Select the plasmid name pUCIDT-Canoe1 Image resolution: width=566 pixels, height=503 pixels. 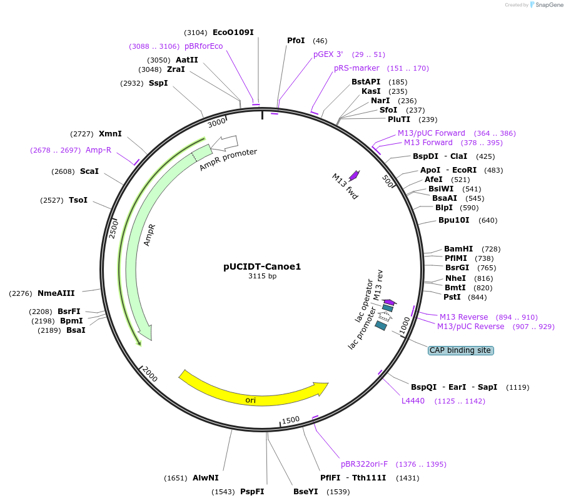coord(262,266)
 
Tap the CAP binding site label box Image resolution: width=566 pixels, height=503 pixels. coord(460,350)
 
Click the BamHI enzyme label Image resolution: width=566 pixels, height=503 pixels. coord(458,249)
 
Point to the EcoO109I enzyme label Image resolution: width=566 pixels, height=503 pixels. coord(233,33)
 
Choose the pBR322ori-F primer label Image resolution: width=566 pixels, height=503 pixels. coord(364,464)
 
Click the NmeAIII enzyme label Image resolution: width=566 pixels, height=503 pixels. coord(56,293)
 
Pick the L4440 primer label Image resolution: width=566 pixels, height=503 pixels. coord(413,401)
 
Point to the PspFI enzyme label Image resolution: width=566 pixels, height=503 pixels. coord(252,492)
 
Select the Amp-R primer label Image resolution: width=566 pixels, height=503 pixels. coord(98,150)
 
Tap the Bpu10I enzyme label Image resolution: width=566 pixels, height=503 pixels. coord(455,220)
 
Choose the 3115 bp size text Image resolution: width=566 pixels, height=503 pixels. coord(262,276)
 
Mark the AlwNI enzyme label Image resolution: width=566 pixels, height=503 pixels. coord(206,478)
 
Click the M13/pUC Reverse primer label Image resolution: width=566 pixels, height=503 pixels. coord(470,327)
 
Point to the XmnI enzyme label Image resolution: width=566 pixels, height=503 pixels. coord(110,134)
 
